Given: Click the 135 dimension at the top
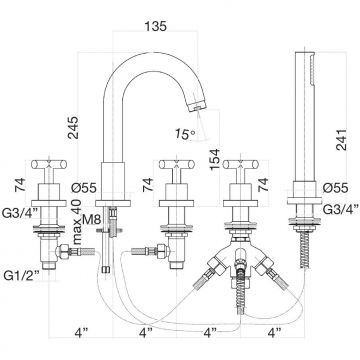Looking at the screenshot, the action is (x=156, y=26).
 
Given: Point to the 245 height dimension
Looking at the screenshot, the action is (x=73, y=127).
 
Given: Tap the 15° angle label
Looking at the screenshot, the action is (x=185, y=134).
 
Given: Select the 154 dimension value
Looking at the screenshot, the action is (x=215, y=158).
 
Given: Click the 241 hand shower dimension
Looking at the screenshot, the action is (x=342, y=140).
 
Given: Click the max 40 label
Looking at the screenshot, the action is (x=76, y=222).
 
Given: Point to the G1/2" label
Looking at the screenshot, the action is (x=21, y=275).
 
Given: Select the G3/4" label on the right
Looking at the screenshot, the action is (x=341, y=209).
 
